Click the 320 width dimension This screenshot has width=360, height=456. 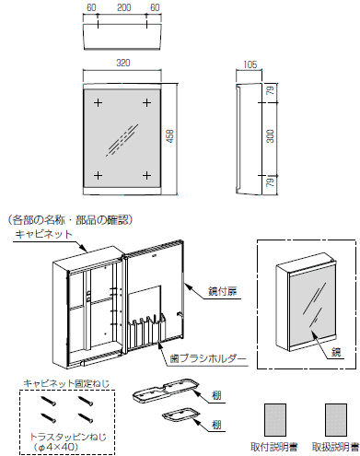[x=123, y=63]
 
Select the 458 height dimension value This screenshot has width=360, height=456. [x=170, y=136]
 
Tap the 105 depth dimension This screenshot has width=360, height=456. [x=250, y=64]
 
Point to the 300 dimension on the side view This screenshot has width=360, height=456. [x=270, y=136]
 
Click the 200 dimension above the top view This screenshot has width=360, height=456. [x=123, y=7]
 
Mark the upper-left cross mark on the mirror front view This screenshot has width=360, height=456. [x=98, y=102]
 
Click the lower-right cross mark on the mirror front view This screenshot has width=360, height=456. [x=147, y=176]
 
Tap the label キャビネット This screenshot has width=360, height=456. [x=43, y=234]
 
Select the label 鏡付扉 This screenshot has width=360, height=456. [x=223, y=291]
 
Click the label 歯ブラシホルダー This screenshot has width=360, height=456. [x=208, y=358]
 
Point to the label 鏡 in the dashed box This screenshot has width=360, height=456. [x=336, y=352]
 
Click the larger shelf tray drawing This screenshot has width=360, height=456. [x=166, y=390]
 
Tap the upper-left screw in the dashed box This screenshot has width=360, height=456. [x=49, y=400]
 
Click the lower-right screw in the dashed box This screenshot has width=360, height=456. [x=86, y=417]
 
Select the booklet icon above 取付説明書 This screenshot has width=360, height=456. [x=275, y=419]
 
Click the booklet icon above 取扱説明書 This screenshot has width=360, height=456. [x=336, y=419]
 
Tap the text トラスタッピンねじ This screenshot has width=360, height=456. [x=68, y=437]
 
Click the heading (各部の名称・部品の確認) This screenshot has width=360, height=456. [x=70, y=220]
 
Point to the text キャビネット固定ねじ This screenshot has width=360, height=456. [x=66, y=383]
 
